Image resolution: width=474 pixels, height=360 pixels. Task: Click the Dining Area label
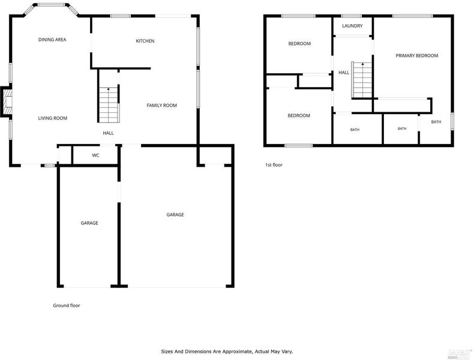(52, 40)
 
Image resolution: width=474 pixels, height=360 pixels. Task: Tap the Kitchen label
(145, 41)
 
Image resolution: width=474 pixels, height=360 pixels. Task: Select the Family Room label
(162, 105)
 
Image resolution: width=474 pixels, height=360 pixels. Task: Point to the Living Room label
(53, 118)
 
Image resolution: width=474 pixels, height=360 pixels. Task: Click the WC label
(95, 155)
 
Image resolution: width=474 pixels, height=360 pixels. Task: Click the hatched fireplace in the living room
(7, 101)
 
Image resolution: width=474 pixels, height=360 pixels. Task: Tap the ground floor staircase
(109, 104)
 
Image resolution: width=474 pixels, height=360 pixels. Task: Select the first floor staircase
(362, 80)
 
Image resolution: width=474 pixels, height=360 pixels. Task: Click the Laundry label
(352, 26)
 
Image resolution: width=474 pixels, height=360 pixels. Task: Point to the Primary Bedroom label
(417, 56)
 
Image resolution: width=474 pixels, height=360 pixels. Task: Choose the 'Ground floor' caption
(67, 305)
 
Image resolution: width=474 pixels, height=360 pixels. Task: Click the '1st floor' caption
(274, 165)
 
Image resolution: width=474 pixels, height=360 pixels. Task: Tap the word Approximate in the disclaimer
(238, 352)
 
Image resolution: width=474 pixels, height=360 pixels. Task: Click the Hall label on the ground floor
(108, 133)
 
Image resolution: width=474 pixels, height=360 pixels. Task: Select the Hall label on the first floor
(344, 73)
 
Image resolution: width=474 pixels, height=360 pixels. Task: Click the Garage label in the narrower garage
(89, 223)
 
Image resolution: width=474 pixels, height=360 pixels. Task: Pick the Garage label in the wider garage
(175, 215)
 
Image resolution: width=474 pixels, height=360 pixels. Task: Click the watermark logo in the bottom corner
(460, 354)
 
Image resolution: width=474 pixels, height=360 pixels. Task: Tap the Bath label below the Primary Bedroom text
(436, 122)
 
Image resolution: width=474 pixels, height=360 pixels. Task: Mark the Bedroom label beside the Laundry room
(299, 44)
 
